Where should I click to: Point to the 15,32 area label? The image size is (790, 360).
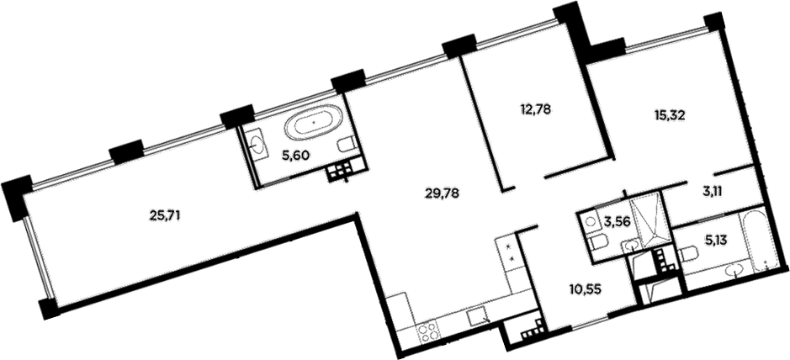(x=670, y=117)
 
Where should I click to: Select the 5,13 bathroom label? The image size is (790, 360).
(x=715, y=241)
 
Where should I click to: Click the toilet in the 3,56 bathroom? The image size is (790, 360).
(x=598, y=244)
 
